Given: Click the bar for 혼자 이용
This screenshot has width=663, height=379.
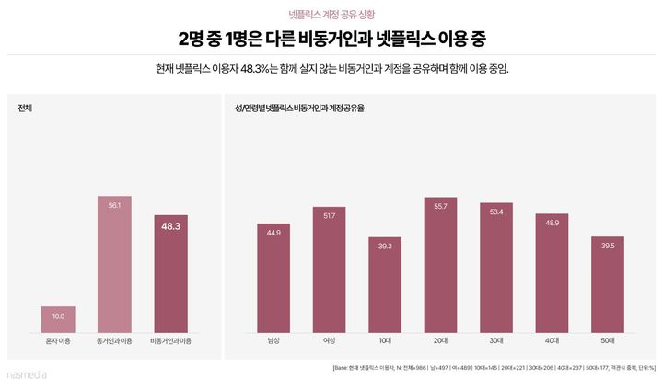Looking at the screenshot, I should pos(58,318).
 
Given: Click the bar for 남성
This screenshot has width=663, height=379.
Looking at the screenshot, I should pos(273,277).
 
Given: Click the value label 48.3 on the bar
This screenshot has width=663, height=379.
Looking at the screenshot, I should pos(170,225).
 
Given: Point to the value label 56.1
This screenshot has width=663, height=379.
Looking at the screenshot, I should pos(114,205).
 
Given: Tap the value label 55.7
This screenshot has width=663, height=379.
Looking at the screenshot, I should pos(440,207).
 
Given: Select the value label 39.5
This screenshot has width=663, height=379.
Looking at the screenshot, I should pos(608,246).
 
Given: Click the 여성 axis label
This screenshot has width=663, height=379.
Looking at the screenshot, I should pos(330,341).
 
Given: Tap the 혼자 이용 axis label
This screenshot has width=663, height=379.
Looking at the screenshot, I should pos(58,341).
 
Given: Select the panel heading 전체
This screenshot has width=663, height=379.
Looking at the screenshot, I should pos(26,109).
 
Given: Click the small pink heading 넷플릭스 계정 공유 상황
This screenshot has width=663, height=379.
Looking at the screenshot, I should pos(331,15).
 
